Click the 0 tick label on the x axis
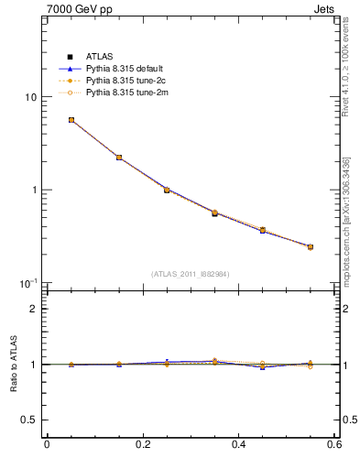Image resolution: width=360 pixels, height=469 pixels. tap(47, 446)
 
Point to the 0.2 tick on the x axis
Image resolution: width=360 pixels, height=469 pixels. tap(142, 446)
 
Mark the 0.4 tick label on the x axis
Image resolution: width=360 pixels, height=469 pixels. tap(237, 446)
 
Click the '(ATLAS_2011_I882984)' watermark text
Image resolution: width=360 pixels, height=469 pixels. tap(191, 274)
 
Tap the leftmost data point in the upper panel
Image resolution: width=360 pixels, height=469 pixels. tap(71, 120)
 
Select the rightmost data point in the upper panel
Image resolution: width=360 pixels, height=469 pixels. tap(311, 246)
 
